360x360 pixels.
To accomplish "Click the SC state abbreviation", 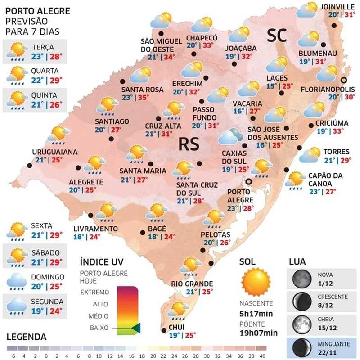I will click(277, 36).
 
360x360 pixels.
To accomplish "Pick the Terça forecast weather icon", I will click(17, 51).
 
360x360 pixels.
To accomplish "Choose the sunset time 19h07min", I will click(258, 333).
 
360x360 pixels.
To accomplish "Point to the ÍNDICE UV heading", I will click(101, 262).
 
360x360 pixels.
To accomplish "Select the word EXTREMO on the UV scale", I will click(94, 292).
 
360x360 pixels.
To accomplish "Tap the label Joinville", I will click(337, 7).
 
